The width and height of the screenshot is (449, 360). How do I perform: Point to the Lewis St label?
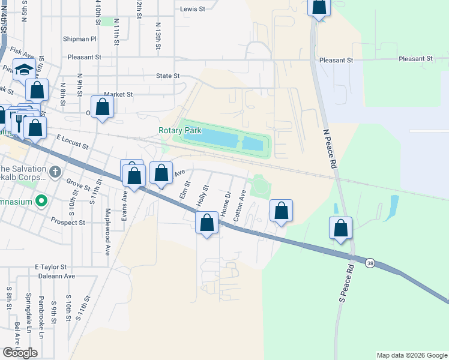[193, 9]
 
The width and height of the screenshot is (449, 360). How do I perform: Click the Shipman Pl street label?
[79, 39]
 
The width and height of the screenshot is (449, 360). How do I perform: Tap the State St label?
[167, 76]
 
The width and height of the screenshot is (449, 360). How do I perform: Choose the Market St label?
[118, 94]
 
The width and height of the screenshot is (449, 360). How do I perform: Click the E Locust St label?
[72, 142]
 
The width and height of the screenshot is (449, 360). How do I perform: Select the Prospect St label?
[68, 222]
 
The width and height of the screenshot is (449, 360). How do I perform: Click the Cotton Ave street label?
[239, 206]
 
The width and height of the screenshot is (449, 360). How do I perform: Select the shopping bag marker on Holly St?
[206, 223]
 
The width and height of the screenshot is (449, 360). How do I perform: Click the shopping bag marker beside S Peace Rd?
[340, 228]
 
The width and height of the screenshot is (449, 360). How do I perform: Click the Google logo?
[20, 353]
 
